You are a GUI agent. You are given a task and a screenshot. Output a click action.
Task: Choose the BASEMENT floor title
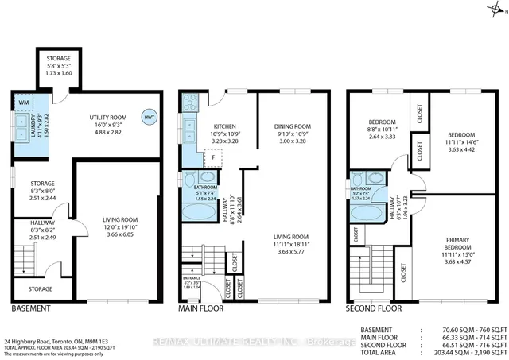(x=32, y=308)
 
